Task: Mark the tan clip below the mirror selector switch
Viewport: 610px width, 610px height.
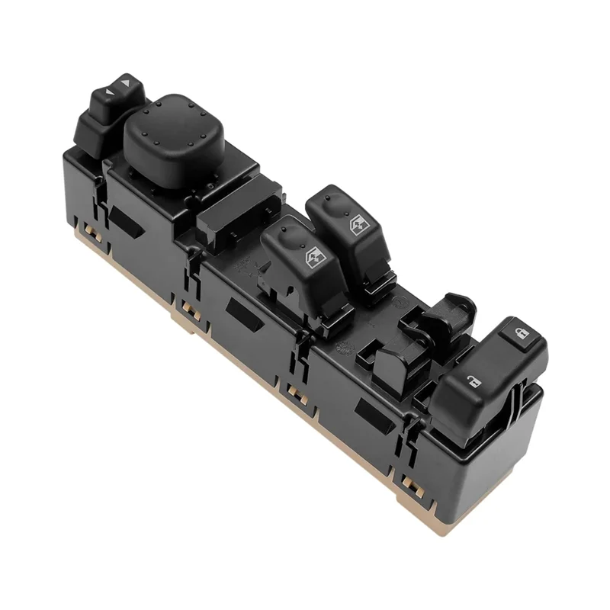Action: click(92, 228)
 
